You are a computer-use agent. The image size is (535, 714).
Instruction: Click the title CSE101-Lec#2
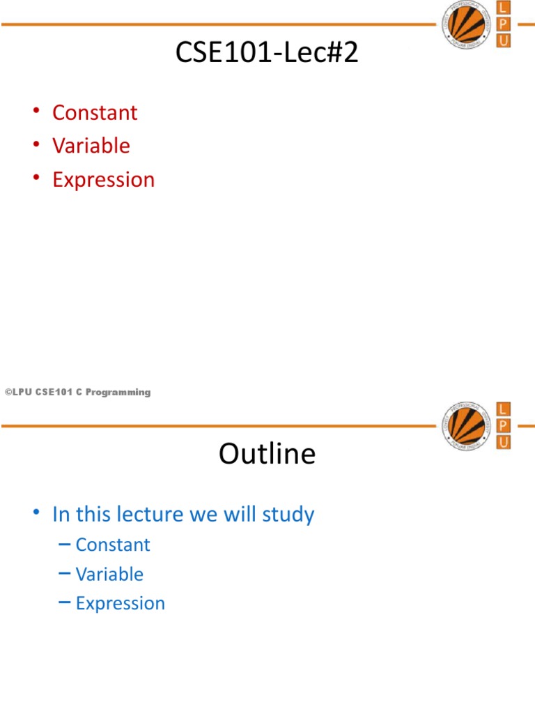[267, 52]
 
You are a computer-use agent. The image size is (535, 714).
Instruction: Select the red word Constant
[95, 112]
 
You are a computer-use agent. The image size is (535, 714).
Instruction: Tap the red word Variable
[91, 146]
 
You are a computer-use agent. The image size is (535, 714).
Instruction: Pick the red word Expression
[103, 180]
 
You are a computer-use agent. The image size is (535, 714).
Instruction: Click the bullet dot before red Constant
[36, 111]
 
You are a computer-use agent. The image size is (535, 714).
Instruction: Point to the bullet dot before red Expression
[36, 178]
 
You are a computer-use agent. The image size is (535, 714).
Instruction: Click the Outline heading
[267, 453]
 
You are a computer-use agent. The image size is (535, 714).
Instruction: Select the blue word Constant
[113, 545]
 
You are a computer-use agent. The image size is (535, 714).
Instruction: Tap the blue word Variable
[109, 575]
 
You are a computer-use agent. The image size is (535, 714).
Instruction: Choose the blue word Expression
[120, 604]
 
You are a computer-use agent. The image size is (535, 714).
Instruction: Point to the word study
[288, 515]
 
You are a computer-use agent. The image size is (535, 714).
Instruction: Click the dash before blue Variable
[65, 573]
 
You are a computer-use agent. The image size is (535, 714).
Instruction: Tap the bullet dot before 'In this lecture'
[36, 512]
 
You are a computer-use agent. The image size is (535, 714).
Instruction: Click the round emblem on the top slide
[466, 24]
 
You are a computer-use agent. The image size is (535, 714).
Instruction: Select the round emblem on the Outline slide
[466, 426]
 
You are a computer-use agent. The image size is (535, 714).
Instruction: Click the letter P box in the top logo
[503, 24]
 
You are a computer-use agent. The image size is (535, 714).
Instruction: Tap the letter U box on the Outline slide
[503, 443]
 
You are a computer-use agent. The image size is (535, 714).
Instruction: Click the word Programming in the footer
[118, 393]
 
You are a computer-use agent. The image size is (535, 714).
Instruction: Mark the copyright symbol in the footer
[8, 392]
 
